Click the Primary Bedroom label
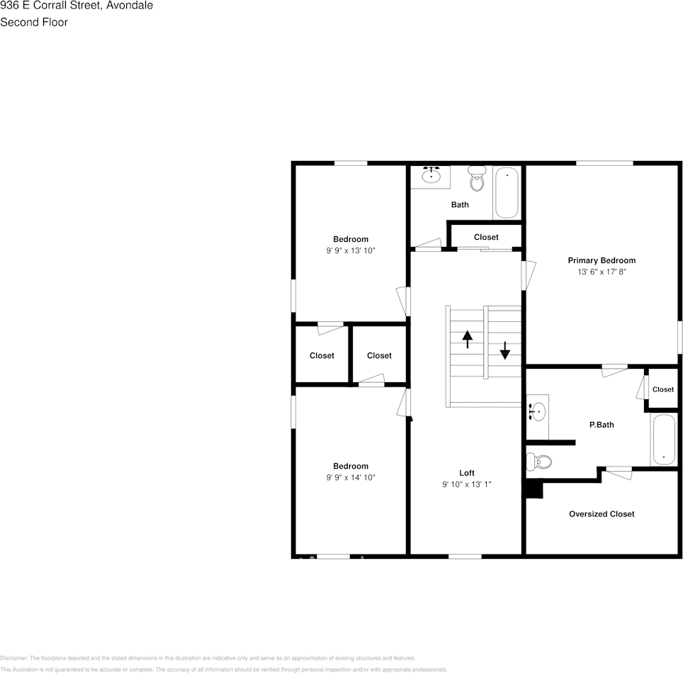point(602,260)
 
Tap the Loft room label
point(466,473)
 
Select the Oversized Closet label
point(602,514)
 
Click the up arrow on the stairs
point(468,339)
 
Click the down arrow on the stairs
point(504,350)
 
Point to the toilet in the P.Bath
point(540,462)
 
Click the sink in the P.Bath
point(538,411)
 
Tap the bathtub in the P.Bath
point(663,440)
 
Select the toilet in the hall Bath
point(477,180)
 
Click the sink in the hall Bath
point(431,175)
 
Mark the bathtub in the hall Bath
point(507,192)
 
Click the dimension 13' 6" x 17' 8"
point(602,272)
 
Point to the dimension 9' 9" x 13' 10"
point(351,250)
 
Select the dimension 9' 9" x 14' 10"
point(351,477)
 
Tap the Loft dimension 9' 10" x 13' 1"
point(466,484)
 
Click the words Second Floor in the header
point(34,22)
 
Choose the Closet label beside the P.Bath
point(663,389)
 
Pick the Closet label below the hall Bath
point(486,237)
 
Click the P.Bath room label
point(602,425)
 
